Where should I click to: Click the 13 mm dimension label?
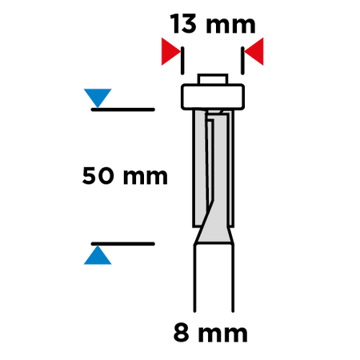213,24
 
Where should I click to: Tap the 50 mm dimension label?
125,176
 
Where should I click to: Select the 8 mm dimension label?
210,333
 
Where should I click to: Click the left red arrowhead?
170,51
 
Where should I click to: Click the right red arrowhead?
254,51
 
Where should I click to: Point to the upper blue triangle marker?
98,97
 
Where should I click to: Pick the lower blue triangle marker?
98,256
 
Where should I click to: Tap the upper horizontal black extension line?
123,110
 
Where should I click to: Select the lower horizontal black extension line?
123,244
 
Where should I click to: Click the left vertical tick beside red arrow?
182,61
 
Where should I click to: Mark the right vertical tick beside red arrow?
242,61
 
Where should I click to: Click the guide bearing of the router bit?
213,97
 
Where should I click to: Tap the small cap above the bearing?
213,79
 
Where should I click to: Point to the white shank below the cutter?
214,278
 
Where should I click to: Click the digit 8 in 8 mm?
182,333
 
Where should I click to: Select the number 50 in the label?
98,176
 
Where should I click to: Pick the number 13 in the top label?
183,24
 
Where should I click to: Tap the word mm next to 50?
146,177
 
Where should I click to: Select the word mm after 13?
231,26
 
